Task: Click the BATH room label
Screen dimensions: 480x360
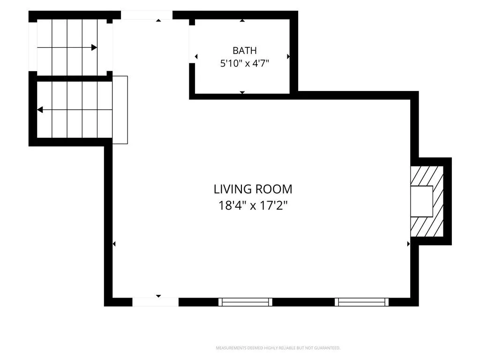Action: click(245, 51)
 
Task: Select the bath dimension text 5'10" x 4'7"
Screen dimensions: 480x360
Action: click(245, 64)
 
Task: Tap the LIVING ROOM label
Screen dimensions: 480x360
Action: click(253, 189)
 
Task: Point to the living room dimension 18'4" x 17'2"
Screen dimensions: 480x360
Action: click(253, 205)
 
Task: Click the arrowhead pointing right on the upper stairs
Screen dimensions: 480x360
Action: click(94, 47)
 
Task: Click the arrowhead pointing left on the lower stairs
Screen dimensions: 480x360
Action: click(40, 110)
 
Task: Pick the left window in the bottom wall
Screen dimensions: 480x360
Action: click(245, 302)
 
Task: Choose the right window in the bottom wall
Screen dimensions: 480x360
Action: click(361, 302)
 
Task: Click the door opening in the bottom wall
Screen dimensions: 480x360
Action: click(155, 302)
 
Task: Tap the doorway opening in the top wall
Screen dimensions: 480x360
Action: click(147, 15)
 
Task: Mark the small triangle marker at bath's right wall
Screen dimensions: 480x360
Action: click(288, 57)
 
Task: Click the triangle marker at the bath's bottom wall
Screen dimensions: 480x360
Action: click(242, 92)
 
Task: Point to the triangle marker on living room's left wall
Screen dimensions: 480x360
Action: click(114, 244)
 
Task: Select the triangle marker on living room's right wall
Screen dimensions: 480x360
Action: click(408, 244)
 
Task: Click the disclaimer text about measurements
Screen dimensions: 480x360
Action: click(278, 348)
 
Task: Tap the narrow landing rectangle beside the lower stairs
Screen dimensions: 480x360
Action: click(120, 110)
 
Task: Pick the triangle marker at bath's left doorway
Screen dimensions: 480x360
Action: click(196, 57)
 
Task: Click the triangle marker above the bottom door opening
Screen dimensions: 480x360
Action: click(158, 296)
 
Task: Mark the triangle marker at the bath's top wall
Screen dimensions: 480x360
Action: click(242, 21)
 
